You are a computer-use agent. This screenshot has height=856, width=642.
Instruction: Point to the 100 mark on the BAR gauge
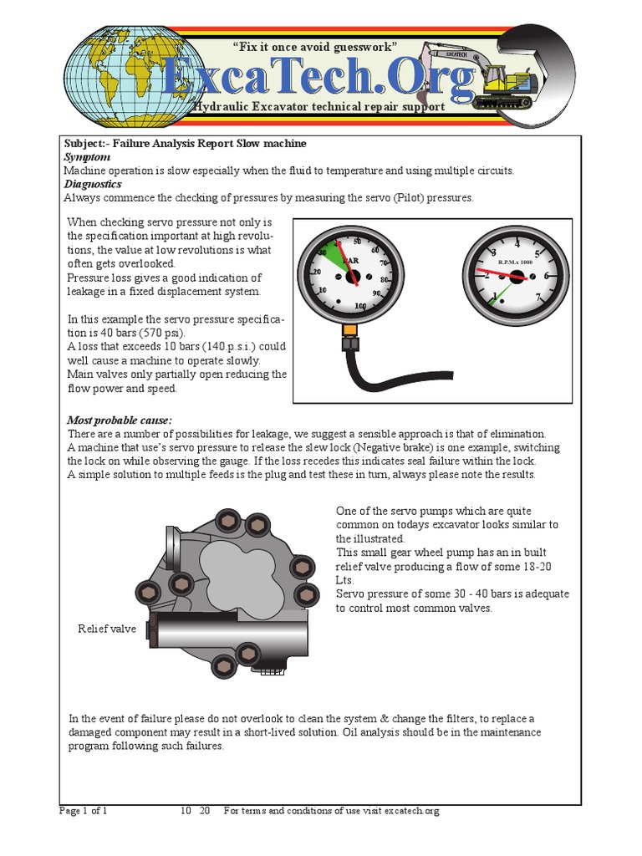(360, 307)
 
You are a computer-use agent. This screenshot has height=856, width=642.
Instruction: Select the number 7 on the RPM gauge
(540, 297)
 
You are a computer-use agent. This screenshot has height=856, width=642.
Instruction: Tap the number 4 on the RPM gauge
(517, 244)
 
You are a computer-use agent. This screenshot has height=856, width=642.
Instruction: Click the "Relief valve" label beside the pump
(106, 629)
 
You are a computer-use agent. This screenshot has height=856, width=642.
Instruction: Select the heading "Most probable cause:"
(120, 420)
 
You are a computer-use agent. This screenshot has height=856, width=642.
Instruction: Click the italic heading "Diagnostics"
(93, 184)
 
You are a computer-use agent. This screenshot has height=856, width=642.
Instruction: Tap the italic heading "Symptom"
(87, 157)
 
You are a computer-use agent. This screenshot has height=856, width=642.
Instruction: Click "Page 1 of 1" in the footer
(84, 811)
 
